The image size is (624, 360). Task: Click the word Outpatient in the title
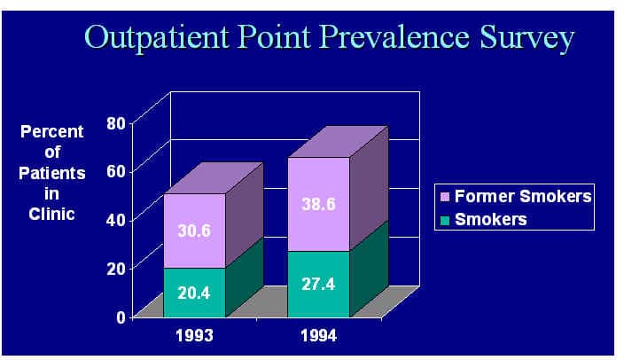coord(157,38)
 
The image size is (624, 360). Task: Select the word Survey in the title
coord(526,39)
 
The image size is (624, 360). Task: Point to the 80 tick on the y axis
coord(116,123)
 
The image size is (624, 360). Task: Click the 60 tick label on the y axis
coord(116,172)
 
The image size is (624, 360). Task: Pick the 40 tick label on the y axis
coord(116,220)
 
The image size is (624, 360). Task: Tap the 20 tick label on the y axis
coord(116,269)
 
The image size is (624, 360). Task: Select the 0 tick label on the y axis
coord(121,317)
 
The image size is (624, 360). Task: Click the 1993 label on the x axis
coord(195,336)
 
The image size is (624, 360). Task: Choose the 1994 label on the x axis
coord(319,336)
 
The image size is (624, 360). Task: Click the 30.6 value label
coord(194,231)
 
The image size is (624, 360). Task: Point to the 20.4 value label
coord(194,293)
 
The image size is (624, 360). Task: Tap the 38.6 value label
coord(318,204)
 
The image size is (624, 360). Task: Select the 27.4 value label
coord(318,285)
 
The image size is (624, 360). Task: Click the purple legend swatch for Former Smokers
coord(445,197)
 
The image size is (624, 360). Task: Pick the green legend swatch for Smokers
coord(445,220)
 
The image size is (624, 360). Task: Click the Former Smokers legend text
coord(523,196)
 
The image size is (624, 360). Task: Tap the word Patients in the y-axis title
coord(52,173)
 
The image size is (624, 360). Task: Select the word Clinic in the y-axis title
coord(51,215)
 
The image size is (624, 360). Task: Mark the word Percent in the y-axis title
coord(52,132)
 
